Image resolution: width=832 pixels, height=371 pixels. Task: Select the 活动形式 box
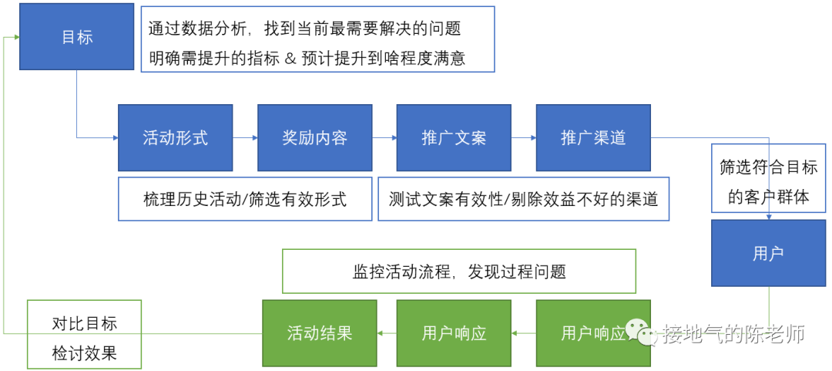[175, 137]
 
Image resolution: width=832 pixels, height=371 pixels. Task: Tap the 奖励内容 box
[314, 137]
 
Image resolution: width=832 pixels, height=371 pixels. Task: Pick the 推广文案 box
[454, 137]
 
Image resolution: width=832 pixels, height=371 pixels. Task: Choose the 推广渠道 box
[593, 137]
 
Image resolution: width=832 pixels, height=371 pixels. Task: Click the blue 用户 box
[768, 254]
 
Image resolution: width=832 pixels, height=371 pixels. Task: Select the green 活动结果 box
[320, 333]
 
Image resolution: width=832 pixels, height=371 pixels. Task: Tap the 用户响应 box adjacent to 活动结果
[454, 333]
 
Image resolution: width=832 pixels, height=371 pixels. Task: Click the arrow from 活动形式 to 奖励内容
[245, 137]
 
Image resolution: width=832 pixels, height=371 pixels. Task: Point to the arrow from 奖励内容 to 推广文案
[384, 137]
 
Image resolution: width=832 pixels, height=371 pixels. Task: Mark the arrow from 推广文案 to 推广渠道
[523, 137]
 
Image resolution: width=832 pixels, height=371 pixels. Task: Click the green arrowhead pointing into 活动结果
[380, 333]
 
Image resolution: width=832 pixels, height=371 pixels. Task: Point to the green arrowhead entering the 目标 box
[16, 37]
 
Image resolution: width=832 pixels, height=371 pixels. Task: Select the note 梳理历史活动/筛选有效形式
[245, 199]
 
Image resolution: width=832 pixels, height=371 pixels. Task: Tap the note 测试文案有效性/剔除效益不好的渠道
[523, 199]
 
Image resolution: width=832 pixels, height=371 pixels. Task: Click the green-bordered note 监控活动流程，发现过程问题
[459, 271]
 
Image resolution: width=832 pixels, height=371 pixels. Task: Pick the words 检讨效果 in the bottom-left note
[85, 352]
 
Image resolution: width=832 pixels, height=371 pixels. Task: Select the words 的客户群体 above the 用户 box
[768, 197]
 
